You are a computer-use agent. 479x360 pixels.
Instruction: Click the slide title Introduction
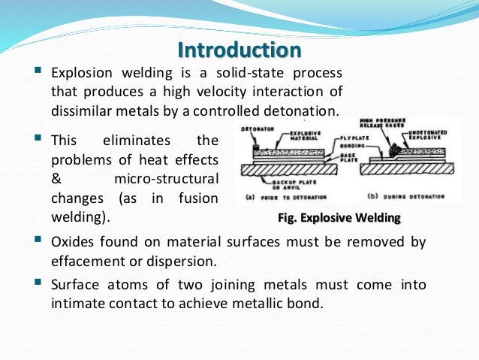click(x=239, y=50)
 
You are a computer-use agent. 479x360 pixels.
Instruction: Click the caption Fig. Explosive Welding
click(x=339, y=218)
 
